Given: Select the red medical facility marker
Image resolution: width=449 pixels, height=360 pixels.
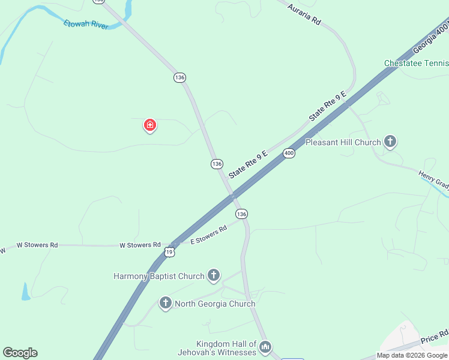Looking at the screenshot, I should pyautogui.click(x=149, y=125).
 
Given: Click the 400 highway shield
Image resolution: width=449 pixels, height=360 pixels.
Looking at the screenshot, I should pyautogui.click(x=289, y=153).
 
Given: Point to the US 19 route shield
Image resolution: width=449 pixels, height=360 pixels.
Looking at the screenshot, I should pyautogui.click(x=170, y=252).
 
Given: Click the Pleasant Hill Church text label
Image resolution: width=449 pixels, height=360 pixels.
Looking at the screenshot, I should pyautogui.click(x=343, y=142).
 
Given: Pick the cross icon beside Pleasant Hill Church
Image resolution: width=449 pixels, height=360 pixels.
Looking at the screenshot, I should pyautogui.click(x=390, y=142).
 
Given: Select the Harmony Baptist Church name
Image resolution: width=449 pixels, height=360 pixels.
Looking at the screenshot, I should pyautogui.click(x=159, y=276).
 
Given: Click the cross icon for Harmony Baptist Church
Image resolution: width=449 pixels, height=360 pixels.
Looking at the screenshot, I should pyautogui.click(x=213, y=275).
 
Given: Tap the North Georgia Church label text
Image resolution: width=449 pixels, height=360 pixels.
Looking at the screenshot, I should pyautogui.click(x=215, y=304).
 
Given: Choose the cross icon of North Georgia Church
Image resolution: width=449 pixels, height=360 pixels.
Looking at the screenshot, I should pyautogui.click(x=166, y=303).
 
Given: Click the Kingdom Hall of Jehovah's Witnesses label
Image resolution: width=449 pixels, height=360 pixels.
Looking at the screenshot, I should pyautogui.click(x=217, y=348).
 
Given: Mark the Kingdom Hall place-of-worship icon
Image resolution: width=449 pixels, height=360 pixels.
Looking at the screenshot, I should pyautogui.click(x=265, y=347).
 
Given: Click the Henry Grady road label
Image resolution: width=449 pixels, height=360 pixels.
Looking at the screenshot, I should pyautogui.click(x=433, y=178).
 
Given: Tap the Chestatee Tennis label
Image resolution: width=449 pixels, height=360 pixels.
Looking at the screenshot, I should pyautogui.click(x=416, y=63).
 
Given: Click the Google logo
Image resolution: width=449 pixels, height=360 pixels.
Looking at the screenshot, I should pyautogui.click(x=20, y=353).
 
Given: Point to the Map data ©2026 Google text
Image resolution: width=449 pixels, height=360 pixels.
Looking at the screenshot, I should pyautogui.click(x=412, y=355).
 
